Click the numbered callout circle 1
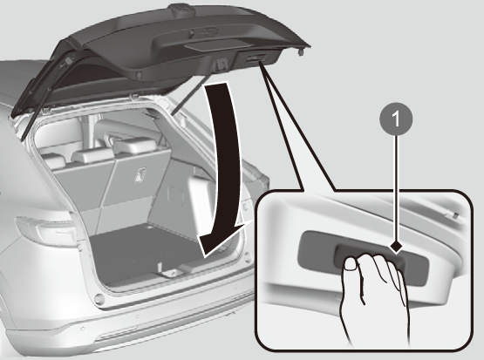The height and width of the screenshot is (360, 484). [x=396, y=119]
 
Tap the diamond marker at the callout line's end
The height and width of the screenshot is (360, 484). [x=396, y=247]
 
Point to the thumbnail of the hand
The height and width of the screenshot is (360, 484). [x=351, y=264]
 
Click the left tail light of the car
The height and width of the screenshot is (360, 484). [x=46, y=231]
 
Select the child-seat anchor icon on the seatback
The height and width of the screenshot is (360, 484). [x=140, y=175]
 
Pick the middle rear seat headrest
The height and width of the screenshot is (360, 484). [x=92, y=154]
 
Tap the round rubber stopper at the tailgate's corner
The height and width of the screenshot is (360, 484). [x=301, y=51]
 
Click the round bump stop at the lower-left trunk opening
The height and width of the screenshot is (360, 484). [x=99, y=299]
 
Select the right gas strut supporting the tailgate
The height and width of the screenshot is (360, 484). [x=188, y=95]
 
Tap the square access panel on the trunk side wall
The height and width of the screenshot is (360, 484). [x=176, y=194]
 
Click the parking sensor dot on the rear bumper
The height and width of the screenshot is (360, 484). [x=83, y=329]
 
